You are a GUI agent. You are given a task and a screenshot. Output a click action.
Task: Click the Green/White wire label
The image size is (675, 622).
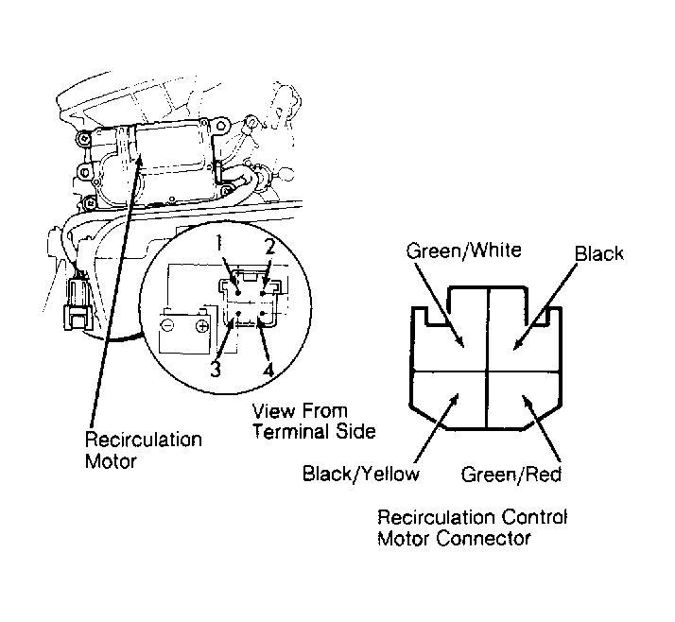[463, 251]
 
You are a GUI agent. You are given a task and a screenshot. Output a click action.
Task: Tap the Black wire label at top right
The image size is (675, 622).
[599, 253]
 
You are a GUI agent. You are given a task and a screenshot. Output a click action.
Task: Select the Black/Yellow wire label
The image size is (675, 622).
[361, 474]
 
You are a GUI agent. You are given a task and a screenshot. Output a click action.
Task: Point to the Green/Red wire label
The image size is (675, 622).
[511, 475]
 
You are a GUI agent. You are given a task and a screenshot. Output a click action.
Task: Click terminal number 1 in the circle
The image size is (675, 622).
[219, 244]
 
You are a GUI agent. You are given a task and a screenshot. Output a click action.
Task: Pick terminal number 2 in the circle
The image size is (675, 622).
[269, 247]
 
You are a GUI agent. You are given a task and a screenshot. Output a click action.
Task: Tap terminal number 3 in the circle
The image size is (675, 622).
[216, 369]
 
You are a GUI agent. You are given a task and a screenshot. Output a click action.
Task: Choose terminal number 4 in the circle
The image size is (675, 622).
[268, 370]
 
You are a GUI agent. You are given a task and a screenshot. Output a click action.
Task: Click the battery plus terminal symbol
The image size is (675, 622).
[202, 326]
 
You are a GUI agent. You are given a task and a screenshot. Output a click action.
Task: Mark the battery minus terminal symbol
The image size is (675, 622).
[168, 325]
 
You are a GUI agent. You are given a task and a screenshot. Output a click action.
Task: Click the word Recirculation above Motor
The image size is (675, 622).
[144, 440]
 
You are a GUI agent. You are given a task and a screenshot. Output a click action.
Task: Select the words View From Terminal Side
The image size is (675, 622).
[314, 421]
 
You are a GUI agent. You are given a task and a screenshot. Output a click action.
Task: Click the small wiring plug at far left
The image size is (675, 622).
[78, 303]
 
